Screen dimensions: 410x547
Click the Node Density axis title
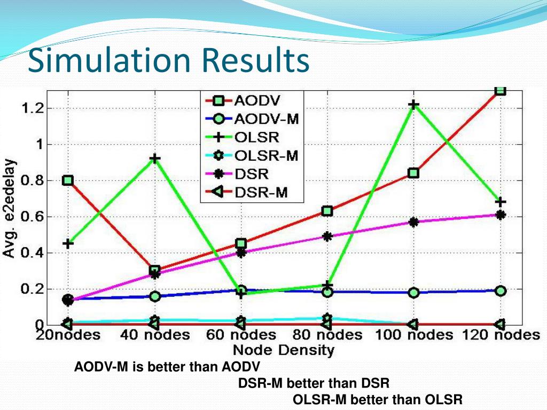click(x=283, y=350)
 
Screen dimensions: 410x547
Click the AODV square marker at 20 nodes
click(x=68, y=180)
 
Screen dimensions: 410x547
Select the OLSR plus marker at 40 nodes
click(x=155, y=159)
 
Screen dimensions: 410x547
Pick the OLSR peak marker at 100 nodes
click(x=413, y=105)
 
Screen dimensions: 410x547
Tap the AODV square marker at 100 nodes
click(x=413, y=173)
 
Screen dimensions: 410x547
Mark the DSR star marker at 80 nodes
click(x=327, y=236)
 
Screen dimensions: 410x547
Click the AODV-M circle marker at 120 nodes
click(x=501, y=291)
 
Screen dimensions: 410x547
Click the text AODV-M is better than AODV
click(x=167, y=367)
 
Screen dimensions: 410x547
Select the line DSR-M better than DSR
click(x=314, y=383)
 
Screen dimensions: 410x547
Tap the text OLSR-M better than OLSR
click(x=378, y=400)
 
